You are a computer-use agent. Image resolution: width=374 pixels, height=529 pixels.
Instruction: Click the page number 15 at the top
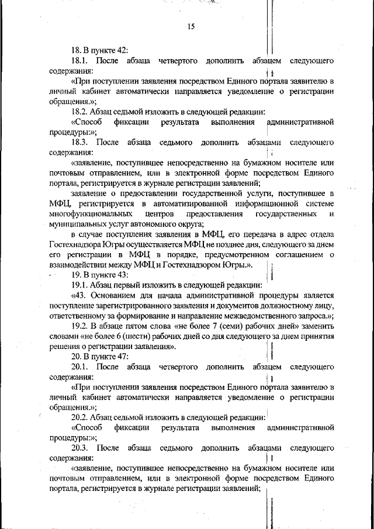click(191, 26)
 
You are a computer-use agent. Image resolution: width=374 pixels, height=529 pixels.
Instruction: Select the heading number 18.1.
click(80, 61)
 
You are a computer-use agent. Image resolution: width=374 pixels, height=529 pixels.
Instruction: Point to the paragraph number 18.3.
click(81, 142)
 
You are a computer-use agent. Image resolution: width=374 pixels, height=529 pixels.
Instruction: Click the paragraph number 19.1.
click(80, 285)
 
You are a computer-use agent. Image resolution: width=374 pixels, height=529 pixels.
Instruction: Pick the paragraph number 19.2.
click(80, 326)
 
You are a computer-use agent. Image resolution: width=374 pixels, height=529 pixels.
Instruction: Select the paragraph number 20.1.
click(80, 367)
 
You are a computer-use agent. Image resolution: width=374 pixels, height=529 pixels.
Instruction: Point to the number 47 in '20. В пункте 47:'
click(121, 357)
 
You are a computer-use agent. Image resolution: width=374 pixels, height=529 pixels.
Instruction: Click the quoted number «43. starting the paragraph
click(81, 295)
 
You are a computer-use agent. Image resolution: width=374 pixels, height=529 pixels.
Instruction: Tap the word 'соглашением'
click(297, 254)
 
